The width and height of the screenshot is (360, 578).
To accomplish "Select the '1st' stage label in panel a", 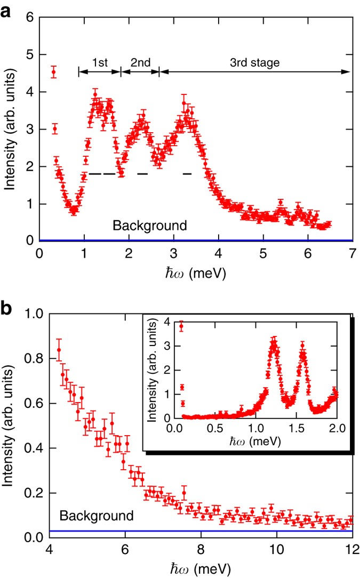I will click(x=99, y=62).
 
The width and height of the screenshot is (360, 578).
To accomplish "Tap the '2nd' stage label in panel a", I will click(x=140, y=62).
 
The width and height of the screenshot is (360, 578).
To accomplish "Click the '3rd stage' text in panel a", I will click(x=254, y=62).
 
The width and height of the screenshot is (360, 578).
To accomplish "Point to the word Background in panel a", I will click(x=150, y=226).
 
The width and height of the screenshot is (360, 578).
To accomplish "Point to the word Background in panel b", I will click(x=95, y=516).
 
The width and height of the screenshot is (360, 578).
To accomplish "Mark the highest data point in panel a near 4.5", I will click(x=53, y=72).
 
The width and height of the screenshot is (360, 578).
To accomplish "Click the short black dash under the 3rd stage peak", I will click(x=187, y=174).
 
